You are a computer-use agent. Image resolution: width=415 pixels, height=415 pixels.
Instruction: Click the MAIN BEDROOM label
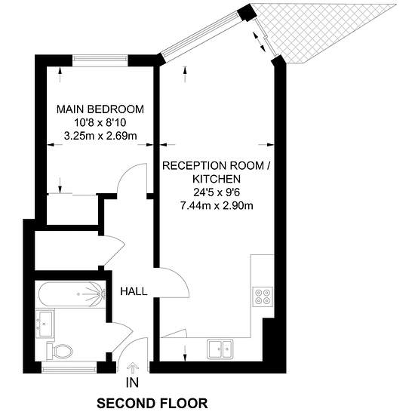click(x=100, y=109)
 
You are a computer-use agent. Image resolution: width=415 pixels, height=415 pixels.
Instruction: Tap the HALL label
click(x=134, y=291)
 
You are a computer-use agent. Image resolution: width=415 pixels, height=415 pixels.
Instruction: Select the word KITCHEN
click(x=217, y=179)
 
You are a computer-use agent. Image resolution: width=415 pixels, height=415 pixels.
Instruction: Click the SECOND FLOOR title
click(x=152, y=404)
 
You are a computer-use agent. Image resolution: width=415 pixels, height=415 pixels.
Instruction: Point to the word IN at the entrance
click(x=132, y=383)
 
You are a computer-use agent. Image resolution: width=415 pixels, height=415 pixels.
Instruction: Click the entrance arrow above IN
click(x=133, y=368)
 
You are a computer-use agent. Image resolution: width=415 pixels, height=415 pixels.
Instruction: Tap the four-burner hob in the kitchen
click(x=263, y=297)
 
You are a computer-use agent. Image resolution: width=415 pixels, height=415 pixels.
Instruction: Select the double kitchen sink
click(x=220, y=349)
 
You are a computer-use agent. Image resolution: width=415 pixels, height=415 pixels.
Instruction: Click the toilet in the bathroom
click(x=60, y=351)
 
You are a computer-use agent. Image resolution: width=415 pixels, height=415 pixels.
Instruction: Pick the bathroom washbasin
click(x=45, y=324)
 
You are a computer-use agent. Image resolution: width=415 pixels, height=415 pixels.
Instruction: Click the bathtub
click(x=72, y=294)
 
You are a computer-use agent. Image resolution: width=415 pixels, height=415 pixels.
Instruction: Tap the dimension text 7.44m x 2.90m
click(x=217, y=206)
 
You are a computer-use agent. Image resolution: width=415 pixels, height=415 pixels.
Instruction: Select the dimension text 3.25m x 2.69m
click(x=100, y=136)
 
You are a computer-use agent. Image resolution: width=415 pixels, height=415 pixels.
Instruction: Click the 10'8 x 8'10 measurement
click(x=100, y=122)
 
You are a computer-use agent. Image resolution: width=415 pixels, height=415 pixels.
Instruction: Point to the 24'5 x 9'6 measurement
click(x=217, y=192)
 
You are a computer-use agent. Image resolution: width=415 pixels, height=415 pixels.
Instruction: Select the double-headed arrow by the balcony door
click(x=259, y=41)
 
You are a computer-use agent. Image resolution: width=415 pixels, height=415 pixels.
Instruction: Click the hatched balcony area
click(x=318, y=29)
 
